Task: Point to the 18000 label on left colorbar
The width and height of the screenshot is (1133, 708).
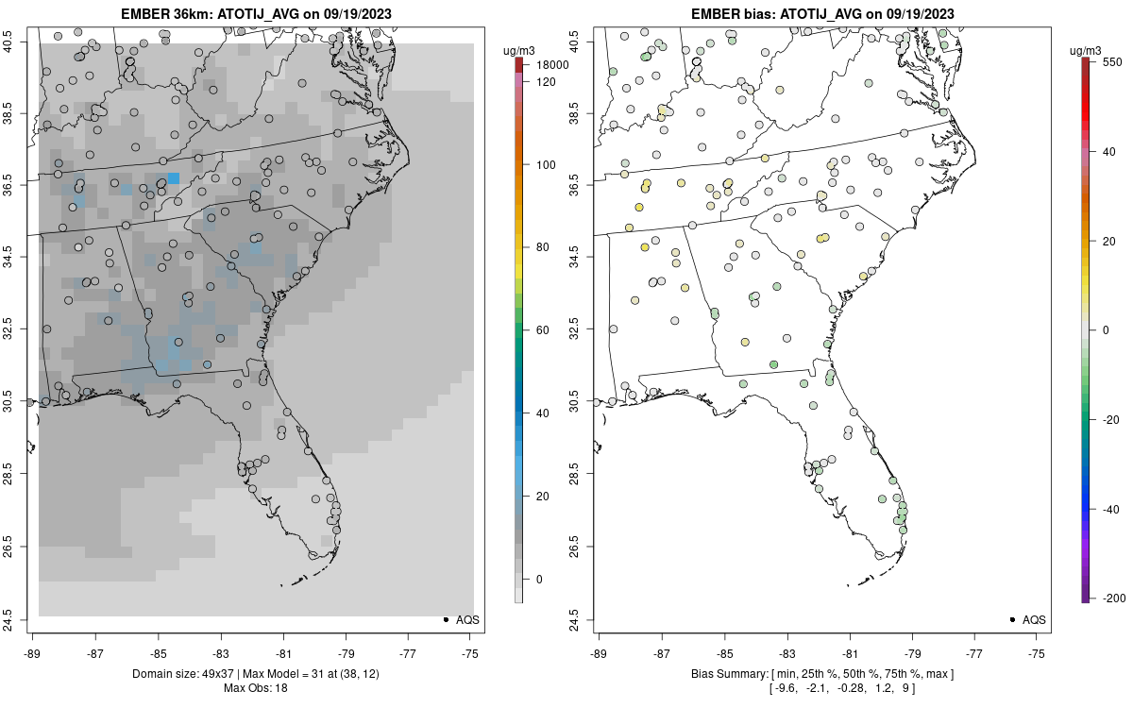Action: point(551,65)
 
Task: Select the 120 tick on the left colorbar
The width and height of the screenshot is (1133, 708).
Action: point(546,82)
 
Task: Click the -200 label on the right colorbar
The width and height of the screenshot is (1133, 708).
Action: point(1115,598)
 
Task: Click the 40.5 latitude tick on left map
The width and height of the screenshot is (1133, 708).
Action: point(20,42)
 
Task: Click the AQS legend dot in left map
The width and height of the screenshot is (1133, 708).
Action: point(445,619)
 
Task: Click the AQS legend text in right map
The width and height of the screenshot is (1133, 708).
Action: point(1034,619)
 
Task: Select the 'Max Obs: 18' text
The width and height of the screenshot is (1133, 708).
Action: point(255,687)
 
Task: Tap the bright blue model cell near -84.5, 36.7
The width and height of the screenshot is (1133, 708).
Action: point(173,178)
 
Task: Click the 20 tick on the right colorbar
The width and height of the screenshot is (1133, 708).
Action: point(1112,241)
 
